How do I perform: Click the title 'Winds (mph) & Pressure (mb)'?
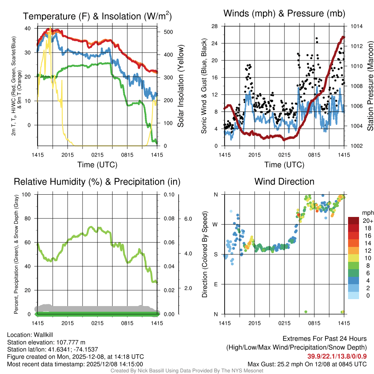tap(284, 14)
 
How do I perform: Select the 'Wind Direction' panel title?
tap(284, 182)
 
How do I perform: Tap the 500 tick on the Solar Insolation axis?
tap(168, 32)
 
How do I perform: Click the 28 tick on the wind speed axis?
tap(215, 26)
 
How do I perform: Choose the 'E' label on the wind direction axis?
tap(215, 284)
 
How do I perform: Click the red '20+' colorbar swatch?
tap(354, 221)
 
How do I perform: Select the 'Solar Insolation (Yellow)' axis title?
tap(180, 86)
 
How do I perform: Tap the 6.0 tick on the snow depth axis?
tap(187, 218)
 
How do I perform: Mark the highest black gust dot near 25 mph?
tap(317, 38)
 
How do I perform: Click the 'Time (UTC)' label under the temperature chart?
tap(98, 165)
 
